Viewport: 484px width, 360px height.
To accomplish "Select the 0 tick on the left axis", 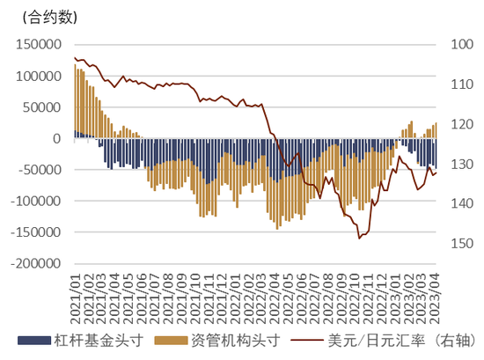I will [x=56, y=138].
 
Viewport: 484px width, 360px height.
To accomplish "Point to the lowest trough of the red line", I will [x=359, y=238].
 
